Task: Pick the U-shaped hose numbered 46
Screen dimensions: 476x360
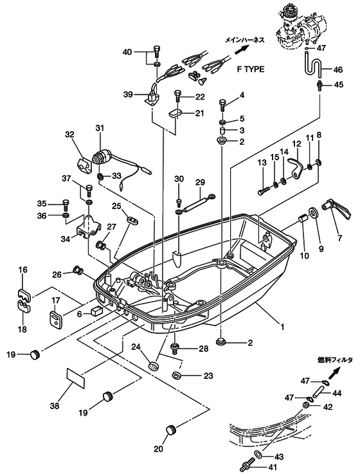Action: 312,65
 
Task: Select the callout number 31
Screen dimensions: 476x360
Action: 100,127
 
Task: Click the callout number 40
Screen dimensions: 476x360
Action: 127,51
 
